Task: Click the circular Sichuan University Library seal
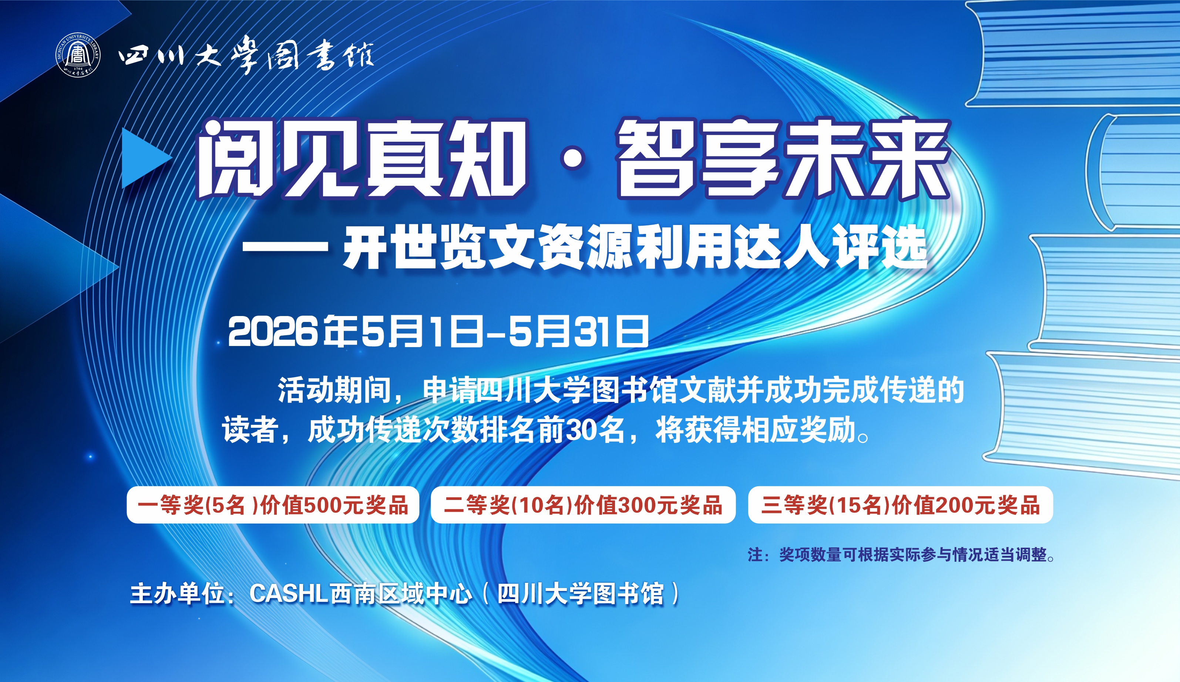[x=78, y=55]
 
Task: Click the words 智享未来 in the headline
[x=784, y=158]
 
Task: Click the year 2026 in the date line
[x=273, y=331]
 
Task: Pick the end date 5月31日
[x=578, y=331]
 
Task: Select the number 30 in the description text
[x=581, y=430]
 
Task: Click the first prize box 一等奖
[x=273, y=505]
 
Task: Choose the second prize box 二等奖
[x=583, y=505]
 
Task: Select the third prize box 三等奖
[x=901, y=505]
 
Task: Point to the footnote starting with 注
[x=901, y=555]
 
